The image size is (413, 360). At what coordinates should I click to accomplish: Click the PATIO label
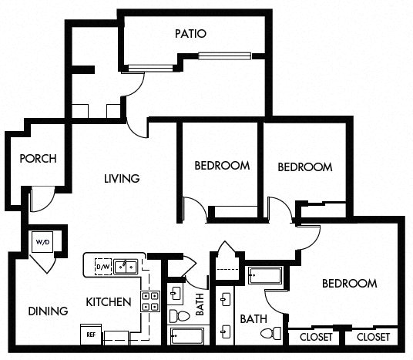[x=190, y=33]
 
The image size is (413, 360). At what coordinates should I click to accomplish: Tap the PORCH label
[x=38, y=160]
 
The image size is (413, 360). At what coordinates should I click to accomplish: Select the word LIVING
[x=122, y=179]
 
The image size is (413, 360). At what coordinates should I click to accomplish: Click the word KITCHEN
[x=108, y=301]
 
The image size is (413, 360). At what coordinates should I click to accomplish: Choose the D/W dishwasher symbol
[x=102, y=267]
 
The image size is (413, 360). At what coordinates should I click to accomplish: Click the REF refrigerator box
[x=89, y=335]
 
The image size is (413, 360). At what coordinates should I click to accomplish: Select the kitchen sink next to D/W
[x=127, y=267]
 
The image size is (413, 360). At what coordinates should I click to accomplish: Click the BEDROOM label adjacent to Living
[x=221, y=165]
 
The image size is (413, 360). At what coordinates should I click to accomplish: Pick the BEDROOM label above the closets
[x=349, y=284]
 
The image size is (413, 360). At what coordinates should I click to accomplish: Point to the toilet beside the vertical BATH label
[x=176, y=315]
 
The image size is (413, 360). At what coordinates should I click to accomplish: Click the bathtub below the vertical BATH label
[x=186, y=336]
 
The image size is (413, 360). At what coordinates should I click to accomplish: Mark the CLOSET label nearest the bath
[x=315, y=337]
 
